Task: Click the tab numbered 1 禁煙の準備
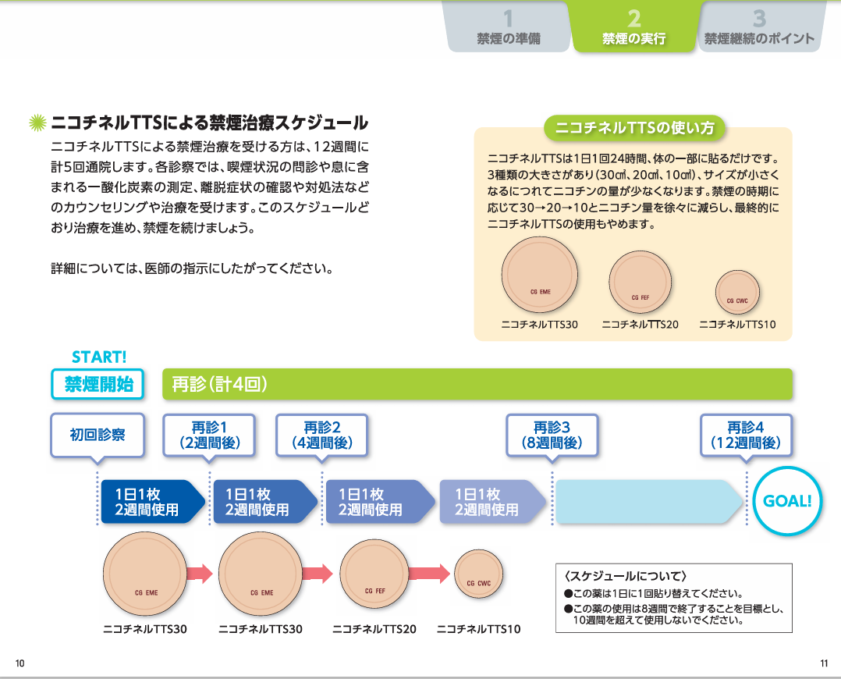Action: (508, 27)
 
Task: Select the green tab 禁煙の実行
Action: (633, 27)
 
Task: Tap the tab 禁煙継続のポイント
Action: (759, 27)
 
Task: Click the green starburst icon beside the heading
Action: (37, 123)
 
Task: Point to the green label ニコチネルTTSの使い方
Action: (633, 126)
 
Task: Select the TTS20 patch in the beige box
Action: (640, 282)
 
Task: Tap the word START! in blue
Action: (99, 357)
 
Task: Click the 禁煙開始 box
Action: (99, 384)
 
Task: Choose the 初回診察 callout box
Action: (98, 435)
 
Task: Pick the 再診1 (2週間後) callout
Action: (209, 435)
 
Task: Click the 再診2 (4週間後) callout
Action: (322, 435)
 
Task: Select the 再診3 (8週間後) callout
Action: (552, 435)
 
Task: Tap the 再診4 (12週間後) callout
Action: (746, 435)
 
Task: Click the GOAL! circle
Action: (787, 501)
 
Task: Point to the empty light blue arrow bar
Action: (648, 501)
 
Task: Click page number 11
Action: (824, 663)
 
